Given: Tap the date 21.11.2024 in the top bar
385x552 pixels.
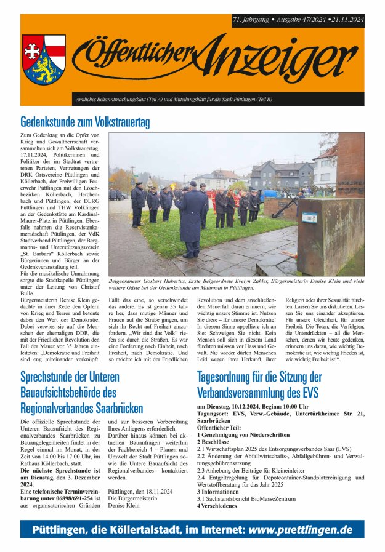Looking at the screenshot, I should [x=346, y=20].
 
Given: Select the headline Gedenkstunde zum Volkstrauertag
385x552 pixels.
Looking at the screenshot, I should [x=85, y=122].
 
